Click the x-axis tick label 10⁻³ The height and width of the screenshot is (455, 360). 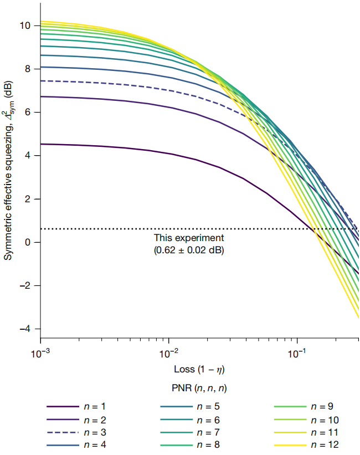tap(41, 354)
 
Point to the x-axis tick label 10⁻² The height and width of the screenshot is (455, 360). tap(168, 354)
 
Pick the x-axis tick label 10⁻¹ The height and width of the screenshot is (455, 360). tap(297, 354)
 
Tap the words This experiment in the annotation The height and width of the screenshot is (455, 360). tap(189, 238)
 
